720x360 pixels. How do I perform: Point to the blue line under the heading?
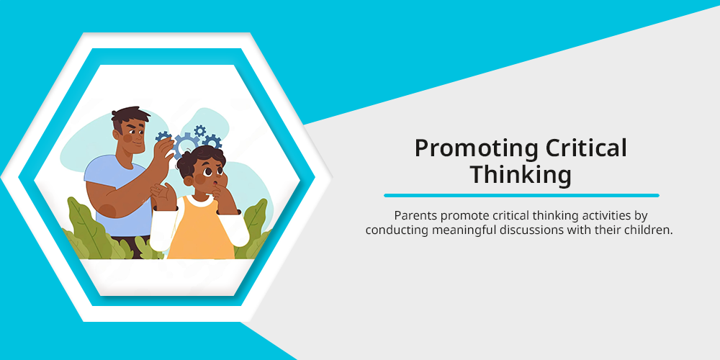pos(521,196)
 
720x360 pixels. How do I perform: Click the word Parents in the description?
pos(411,215)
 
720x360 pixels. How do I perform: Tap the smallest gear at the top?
pos(199,131)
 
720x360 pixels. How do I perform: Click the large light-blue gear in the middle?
pos(186,145)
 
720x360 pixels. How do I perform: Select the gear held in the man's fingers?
pos(163,136)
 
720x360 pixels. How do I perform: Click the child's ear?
pos(187,180)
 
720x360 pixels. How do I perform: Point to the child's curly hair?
pos(200,157)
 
